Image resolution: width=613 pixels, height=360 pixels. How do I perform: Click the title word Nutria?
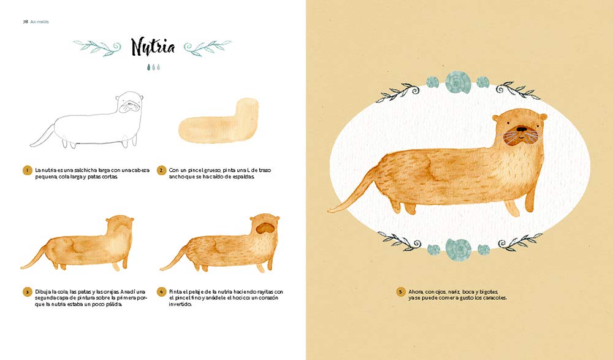pos(153,47)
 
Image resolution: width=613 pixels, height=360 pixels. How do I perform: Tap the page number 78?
pos(25,22)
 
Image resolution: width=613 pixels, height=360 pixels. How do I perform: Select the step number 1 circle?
pos(27,170)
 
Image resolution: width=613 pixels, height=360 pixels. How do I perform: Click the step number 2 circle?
pos(161,170)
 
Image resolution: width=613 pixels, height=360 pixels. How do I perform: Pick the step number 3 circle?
pos(27,292)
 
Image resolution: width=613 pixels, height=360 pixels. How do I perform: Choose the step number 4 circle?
pos(161,292)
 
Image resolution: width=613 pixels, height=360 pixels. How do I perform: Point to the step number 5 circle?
pos(400,292)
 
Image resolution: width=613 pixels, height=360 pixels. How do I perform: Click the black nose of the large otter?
pos(522,128)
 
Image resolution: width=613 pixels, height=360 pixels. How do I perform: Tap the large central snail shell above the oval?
pos(458,82)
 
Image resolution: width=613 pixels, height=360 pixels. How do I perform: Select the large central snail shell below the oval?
pos(458,249)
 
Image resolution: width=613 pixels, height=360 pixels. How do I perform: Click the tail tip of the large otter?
pos(330,211)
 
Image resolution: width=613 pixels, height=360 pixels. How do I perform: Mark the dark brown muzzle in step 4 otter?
pos(266,228)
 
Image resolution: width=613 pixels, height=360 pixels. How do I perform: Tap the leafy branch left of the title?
pos(97,47)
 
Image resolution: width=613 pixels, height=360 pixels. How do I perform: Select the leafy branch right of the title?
pos(207,48)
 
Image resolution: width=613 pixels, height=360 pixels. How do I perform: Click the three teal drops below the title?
pos(153,67)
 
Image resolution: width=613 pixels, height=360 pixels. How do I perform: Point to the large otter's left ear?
pos(495,117)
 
